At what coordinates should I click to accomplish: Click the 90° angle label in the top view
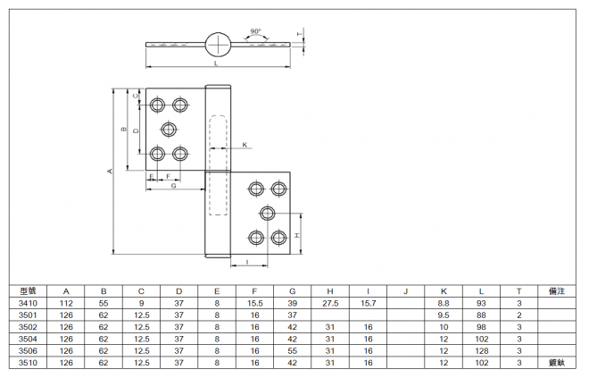pyautogui.click(x=255, y=31)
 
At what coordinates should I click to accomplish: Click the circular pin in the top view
pyautogui.click(x=218, y=45)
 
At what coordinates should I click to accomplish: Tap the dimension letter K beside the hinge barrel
pyautogui.click(x=245, y=145)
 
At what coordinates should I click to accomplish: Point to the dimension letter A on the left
pyautogui.click(x=110, y=172)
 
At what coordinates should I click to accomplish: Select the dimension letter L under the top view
pyautogui.click(x=216, y=63)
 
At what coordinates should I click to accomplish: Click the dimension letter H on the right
pyautogui.click(x=297, y=235)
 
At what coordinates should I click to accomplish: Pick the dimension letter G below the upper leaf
pyautogui.click(x=174, y=186)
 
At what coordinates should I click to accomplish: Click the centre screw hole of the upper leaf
pyautogui.click(x=169, y=130)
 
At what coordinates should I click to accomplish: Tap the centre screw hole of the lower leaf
pyautogui.click(x=267, y=214)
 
